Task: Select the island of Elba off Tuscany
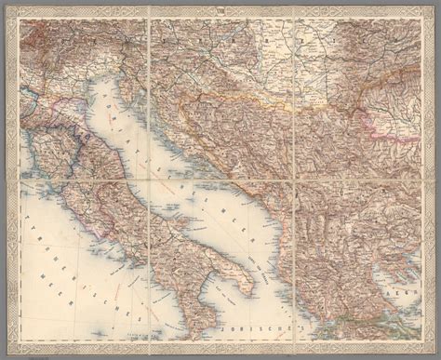[x=58, y=182]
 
